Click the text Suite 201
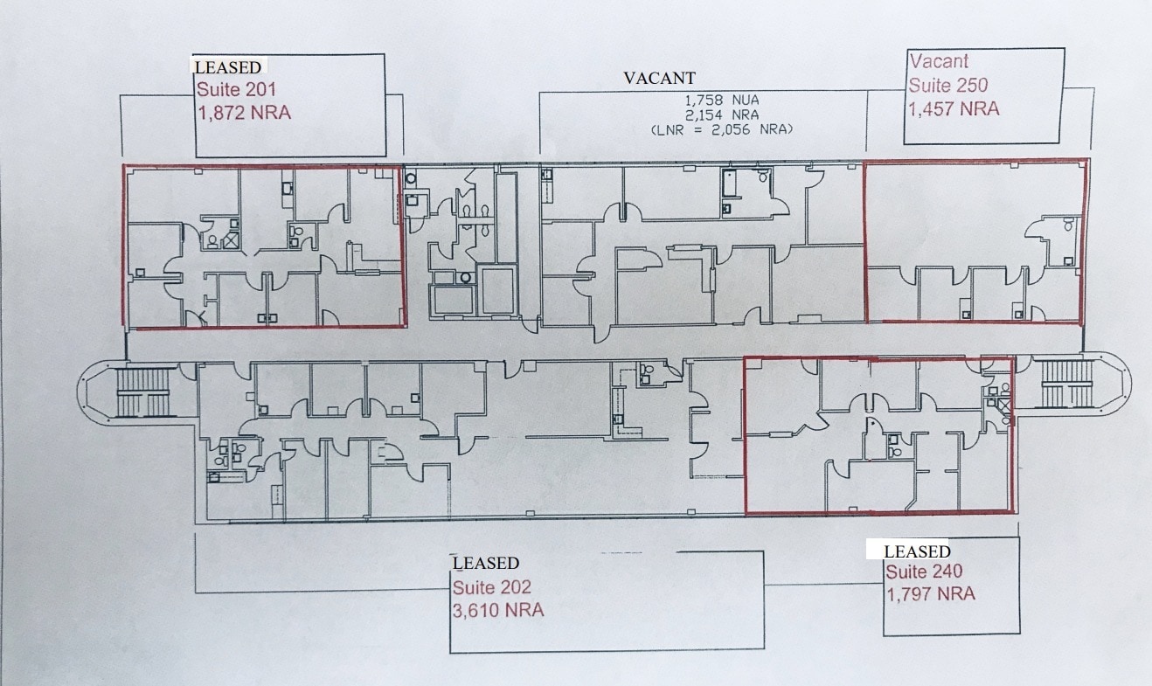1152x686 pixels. pyautogui.click(x=236, y=89)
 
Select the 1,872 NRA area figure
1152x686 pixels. pyautogui.click(x=245, y=113)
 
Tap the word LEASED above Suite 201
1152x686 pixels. pyautogui.click(x=227, y=66)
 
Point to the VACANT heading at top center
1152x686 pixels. pyautogui.click(x=659, y=78)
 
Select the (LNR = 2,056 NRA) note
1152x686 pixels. pyautogui.click(x=721, y=128)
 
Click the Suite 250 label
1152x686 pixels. pyautogui.click(x=948, y=86)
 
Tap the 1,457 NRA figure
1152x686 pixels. pyautogui.click(x=954, y=109)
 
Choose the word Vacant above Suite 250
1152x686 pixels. pyautogui.click(x=939, y=61)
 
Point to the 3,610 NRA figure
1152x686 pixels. pyautogui.click(x=498, y=610)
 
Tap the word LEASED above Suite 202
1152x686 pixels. pyautogui.click(x=485, y=563)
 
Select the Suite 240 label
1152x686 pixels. pyautogui.click(x=925, y=572)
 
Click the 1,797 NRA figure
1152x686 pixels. pyautogui.click(x=930, y=594)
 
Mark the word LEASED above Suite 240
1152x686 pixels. pyautogui.click(x=917, y=551)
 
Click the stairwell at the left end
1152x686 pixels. pyautogui.click(x=142, y=392)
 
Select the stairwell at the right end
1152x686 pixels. pyautogui.click(x=1066, y=384)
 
